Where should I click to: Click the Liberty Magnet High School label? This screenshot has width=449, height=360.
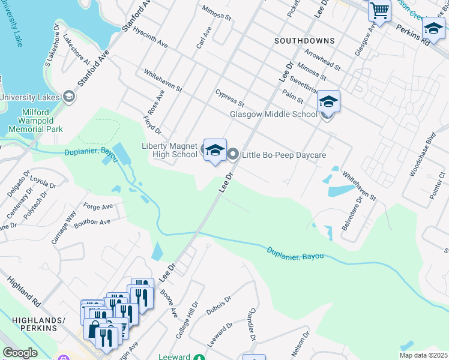click(169, 150)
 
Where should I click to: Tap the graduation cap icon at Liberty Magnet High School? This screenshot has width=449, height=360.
click(214, 151)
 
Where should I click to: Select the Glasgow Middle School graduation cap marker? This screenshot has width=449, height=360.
click(328, 102)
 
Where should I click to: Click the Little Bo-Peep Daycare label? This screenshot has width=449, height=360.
click(284, 155)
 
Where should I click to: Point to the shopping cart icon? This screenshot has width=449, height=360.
click(379, 10)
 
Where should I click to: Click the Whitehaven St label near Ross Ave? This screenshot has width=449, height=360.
click(163, 80)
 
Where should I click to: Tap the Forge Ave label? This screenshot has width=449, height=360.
click(98, 206)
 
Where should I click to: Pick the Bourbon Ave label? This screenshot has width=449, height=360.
click(97, 222)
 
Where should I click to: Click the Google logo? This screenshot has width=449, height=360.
click(20, 353)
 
